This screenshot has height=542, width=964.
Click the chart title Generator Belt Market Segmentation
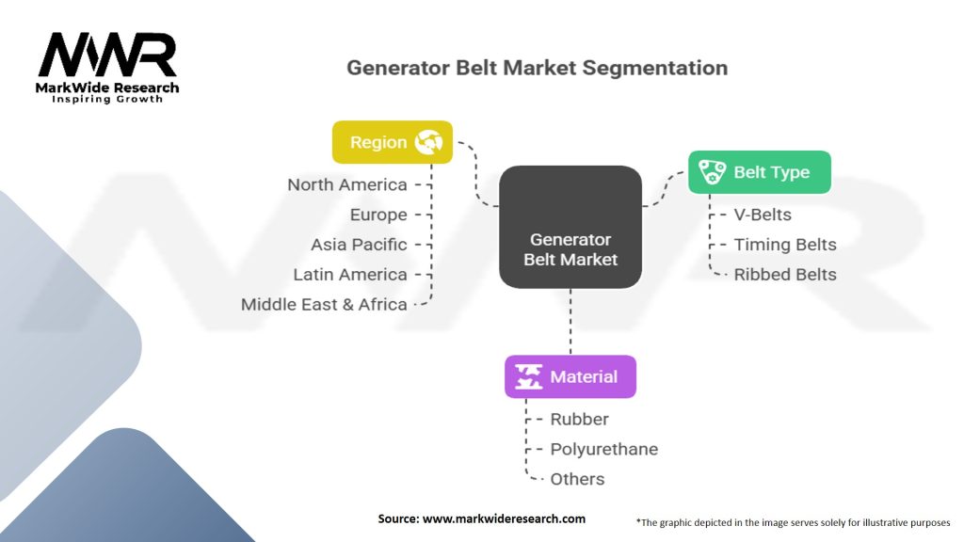click(x=537, y=68)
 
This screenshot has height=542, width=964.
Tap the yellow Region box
click(x=392, y=142)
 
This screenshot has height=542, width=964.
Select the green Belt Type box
click(x=759, y=172)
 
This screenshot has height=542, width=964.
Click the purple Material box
click(x=570, y=376)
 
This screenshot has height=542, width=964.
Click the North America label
click(x=347, y=184)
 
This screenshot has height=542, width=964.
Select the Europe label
click(x=378, y=215)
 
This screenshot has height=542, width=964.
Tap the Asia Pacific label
click(x=359, y=245)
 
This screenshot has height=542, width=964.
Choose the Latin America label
click(x=350, y=275)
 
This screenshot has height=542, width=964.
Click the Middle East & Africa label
click(x=324, y=305)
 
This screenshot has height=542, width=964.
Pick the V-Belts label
click(x=763, y=215)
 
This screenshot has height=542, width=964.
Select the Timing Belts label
click(x=785, y=245)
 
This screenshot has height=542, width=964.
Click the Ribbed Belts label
click(x=785, y=275)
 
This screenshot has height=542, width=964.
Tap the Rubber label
click(x=579, y=419)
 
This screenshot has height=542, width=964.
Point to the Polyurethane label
click(x=603, y=449)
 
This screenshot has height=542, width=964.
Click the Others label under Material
click(x=577, y=479)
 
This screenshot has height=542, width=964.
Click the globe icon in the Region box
click(x=430, y=142)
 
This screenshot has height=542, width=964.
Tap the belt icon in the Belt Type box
click(x=712, y=172)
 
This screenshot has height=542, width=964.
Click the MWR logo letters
click(x=107, y=56)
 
